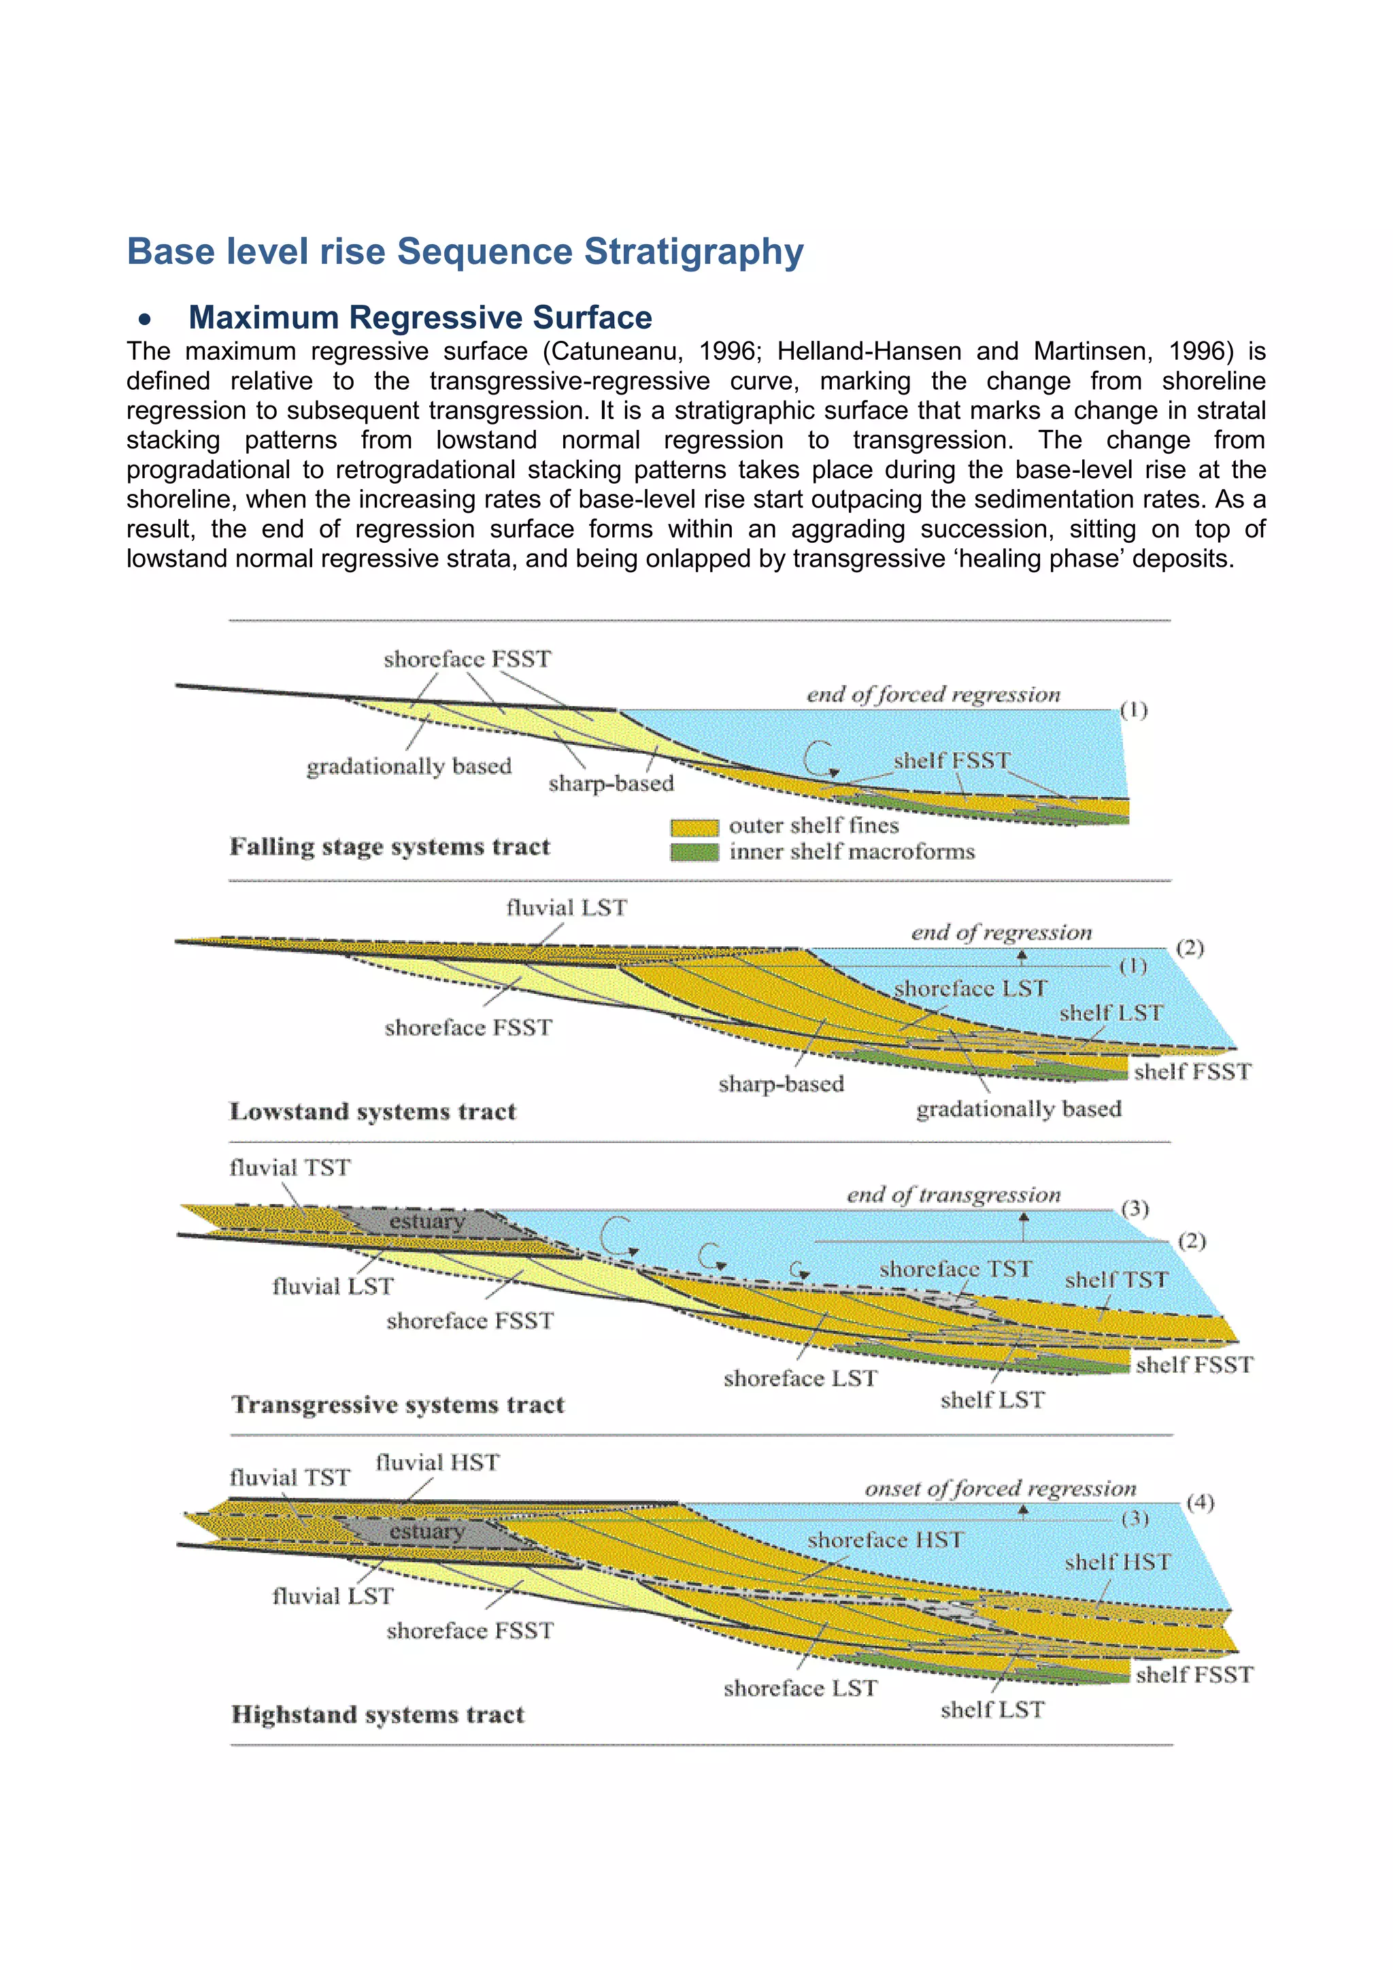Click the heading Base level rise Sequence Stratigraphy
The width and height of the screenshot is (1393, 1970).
(x=465, y=252)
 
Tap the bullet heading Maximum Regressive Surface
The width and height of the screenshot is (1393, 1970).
(x=420, y=318)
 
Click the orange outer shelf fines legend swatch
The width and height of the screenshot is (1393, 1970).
(x=693, y=827)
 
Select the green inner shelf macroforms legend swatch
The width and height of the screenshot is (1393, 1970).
(x=693, y=852)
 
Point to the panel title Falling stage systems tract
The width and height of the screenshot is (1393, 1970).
(x=390, y=847)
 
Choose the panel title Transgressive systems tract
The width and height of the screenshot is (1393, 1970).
(x=397, y=1404)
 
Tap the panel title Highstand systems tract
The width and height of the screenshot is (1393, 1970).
(x=377, y=1714)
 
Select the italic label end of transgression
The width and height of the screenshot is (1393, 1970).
(x=953, y=1195)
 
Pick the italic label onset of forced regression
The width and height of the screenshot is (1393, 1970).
(x=999, y=1488)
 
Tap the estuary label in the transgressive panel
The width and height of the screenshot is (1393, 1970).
(x=426, y=1220)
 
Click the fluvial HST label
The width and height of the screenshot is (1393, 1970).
(x=437, y=1462)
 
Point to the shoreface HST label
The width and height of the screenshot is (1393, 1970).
(x=884, y=1540)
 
